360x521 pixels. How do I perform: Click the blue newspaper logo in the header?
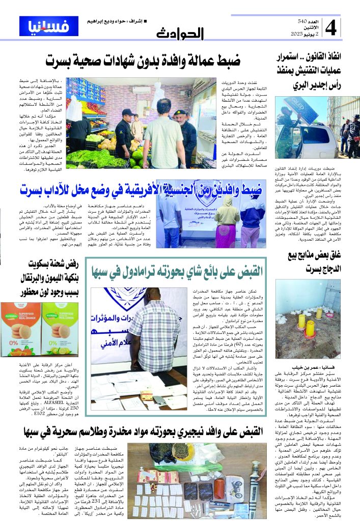coord(42,26)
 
